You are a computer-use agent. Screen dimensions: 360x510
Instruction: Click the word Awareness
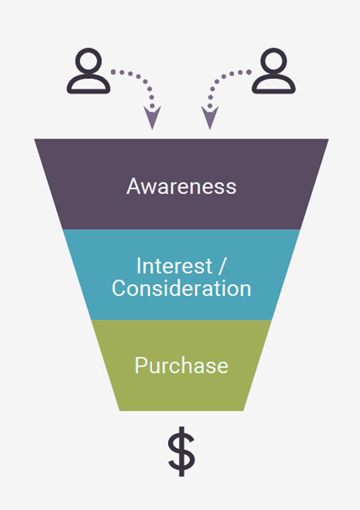pyautogui.click(x=181, y=186)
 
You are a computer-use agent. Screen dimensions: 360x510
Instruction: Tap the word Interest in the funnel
pyautogui.click(x=174, y=266)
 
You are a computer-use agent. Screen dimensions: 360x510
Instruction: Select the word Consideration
pyautogui.click(x=182, y=288)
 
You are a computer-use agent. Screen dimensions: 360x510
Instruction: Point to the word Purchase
pyautogui.click(x=182, y=365)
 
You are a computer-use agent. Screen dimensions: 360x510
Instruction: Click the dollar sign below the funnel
pyautogui.click(x=182, y=451)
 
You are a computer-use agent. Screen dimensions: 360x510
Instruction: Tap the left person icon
pyautogui.click(x=88, y=71)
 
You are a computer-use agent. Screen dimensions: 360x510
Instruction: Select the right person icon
pyautogui.click(x=274, y=71)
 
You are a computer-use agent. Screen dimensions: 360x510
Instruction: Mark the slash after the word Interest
pyautogui.click(x=222, y=266)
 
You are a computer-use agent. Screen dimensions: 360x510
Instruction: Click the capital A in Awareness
pyautogui.click(x=133, y=186)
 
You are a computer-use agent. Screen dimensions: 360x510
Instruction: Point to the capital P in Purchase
pyautogui.click(x=141, y=365)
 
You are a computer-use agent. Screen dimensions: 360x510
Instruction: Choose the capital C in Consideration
pyautogui.click(x=119, y=288)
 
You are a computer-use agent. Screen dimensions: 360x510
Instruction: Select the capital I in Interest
pyautogui.click(x=139, y=266)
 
